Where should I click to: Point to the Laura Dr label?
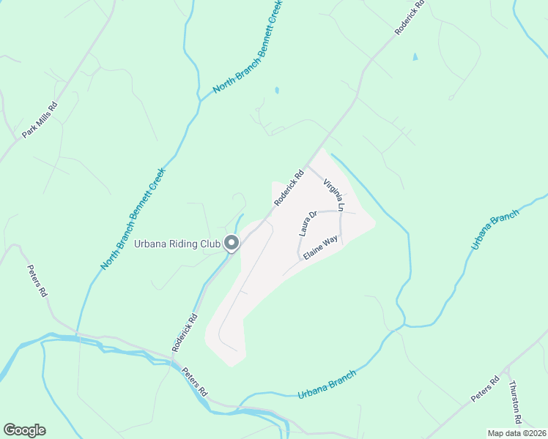[x=307, y=224]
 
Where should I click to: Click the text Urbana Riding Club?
[x=177, y=244]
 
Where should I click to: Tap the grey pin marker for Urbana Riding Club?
[x=232, y=242]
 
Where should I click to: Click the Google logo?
[x=24, y=430]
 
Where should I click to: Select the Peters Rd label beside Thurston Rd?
[x=485, y=388]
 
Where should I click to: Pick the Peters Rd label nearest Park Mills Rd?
[x=37, y=280]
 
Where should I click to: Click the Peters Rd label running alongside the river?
[x=196, y=381]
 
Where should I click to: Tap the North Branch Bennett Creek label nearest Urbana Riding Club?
[x=133, y=217]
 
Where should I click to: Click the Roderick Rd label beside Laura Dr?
[x=289, y=188]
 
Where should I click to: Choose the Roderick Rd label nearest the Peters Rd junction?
[x=185, y=333]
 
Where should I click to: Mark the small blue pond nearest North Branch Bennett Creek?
[x=276, y=91]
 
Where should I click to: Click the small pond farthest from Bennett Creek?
[x=415, y=56]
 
